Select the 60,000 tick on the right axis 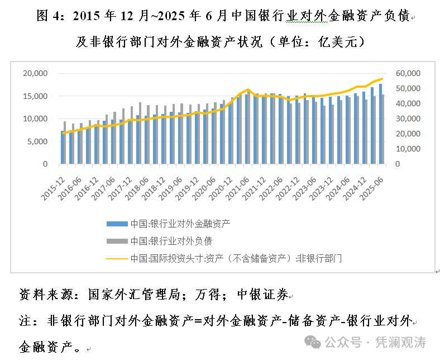tap(408, 73)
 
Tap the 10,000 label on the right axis tap(408, 149)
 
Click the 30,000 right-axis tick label tap(408, 119)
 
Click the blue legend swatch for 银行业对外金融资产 tap(117, 224)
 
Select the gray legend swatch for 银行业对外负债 tap(117, 241)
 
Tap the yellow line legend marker tap(117, 259)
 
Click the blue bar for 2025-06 tap(380, 124)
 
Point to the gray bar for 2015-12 tap(65, 143)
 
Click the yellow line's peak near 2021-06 tap(247, 89)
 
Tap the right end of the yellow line tap(382, 79)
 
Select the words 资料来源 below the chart tap(44, 295)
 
